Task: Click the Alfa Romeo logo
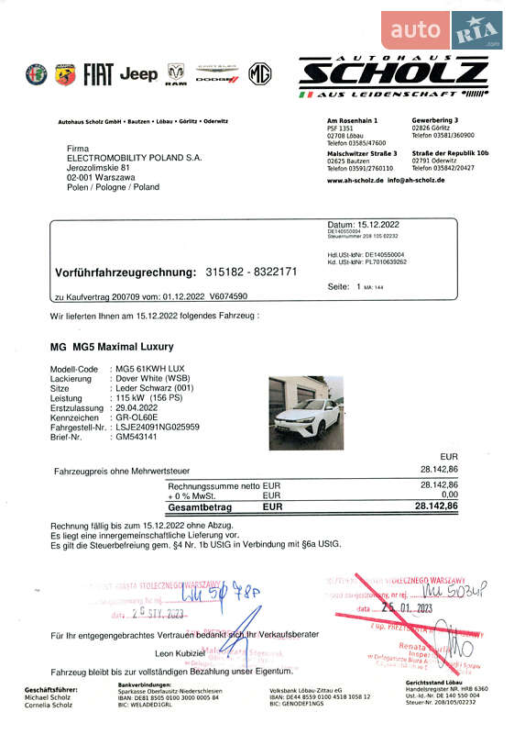(36, 74)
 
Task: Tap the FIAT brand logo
(98, 74)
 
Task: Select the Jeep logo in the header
(138, 74)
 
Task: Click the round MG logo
(260, 74)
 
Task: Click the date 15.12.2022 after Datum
(377, 224)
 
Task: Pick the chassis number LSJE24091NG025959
(158, 427)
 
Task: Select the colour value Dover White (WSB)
(152, 378)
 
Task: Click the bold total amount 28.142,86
(436, 506)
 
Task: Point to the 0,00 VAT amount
(448, 495)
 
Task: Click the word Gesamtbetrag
(200, 506)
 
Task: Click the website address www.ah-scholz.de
(354, 181)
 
